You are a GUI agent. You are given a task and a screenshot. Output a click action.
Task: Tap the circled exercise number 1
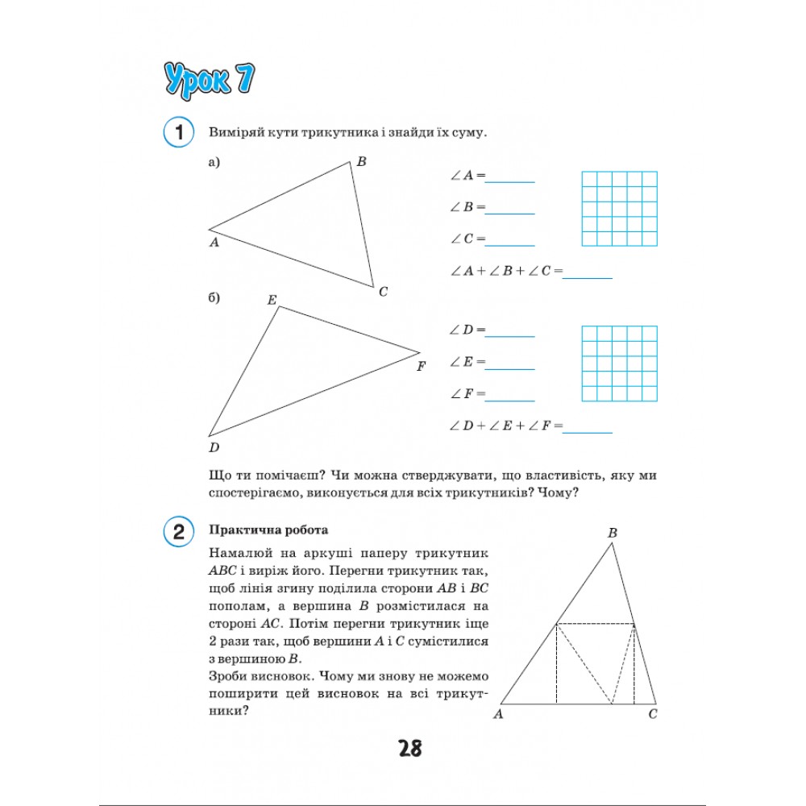tap(178, 132)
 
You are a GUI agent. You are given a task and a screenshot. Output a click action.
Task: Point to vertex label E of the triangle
tap(272, 301)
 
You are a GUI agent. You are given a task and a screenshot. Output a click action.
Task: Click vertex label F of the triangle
tap(421, 367)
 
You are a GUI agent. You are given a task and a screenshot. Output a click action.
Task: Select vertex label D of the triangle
tap(214, 448)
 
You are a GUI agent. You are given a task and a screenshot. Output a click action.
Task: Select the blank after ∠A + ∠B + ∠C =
tap(588, 276)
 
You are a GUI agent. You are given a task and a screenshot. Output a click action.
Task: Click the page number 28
tap(409, 749)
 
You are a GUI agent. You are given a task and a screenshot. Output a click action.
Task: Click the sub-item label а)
tap(214, 163)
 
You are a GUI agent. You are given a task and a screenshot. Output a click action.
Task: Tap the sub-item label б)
tap(214, 298)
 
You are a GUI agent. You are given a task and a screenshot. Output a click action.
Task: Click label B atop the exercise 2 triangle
tap(613, 533)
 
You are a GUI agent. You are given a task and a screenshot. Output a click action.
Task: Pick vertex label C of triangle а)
tap(383, 292)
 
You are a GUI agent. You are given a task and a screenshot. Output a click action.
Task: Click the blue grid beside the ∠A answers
tap(619, 208)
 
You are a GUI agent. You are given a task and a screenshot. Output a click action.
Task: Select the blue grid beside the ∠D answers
tap(619, 364)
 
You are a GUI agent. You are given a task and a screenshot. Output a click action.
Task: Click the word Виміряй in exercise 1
tap(235, 132)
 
